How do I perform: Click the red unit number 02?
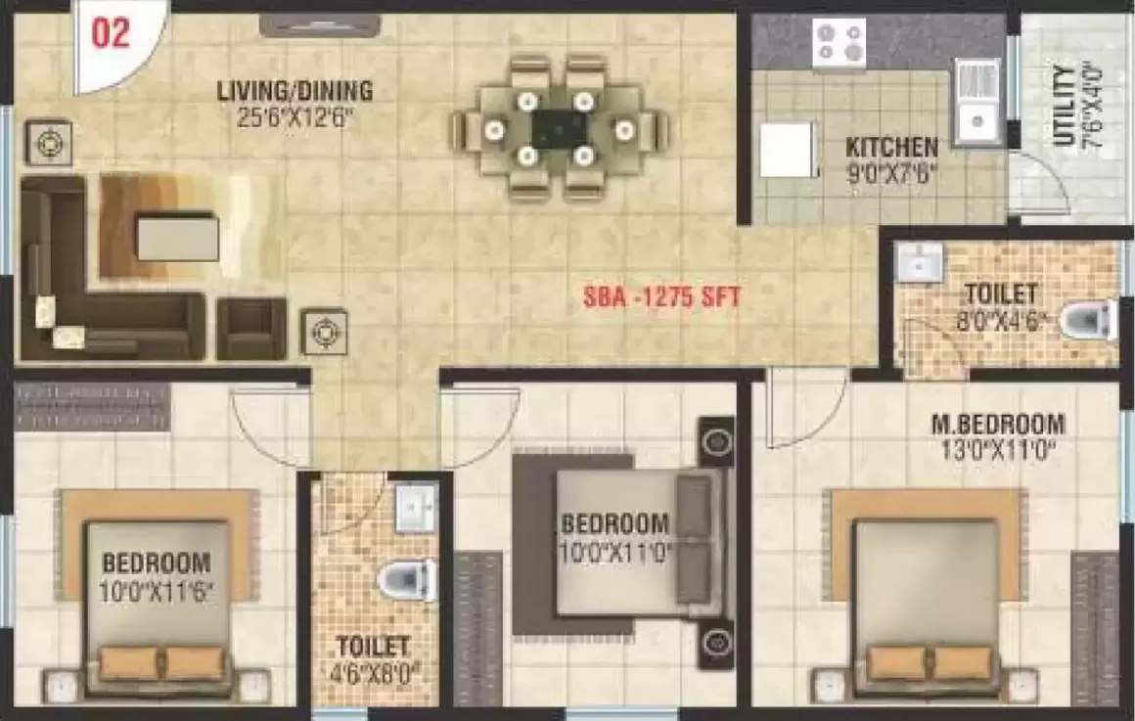(111, 34)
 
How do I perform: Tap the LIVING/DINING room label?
(295, 91)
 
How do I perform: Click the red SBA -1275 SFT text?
(662, 297)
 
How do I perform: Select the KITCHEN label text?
(891, 147)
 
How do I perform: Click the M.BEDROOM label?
(997, 424)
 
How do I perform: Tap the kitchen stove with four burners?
(839, 42)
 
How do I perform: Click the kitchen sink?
(977, 102)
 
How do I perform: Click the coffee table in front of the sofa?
(177, 237)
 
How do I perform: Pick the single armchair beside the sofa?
(251, 329)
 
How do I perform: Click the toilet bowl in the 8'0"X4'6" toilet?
(1086, 320)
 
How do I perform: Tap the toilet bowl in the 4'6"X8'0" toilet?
(408, 580)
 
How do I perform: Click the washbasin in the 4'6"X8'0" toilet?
(416, 508)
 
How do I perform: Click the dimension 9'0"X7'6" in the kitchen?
(891, 174)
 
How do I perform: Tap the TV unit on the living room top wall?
(320, 25)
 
